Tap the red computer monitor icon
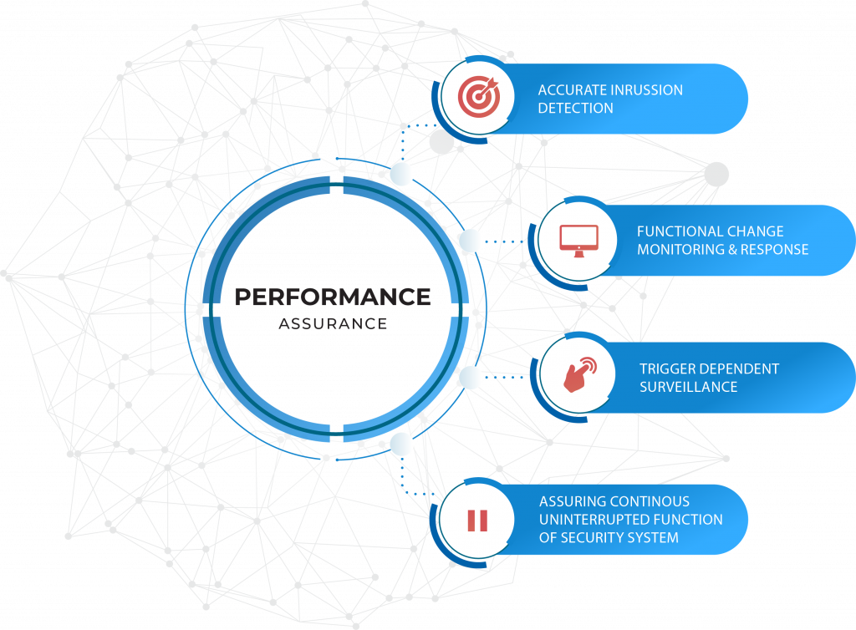pos(578,240)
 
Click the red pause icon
pos(477,520)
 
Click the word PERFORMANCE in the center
pos(333,297)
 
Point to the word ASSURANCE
pos(333,323)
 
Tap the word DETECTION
pos(575,108)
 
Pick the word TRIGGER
pos(667,368)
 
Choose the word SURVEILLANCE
pos(688,387)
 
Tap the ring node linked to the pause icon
pos(401,443)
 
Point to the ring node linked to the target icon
pos(402,174)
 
